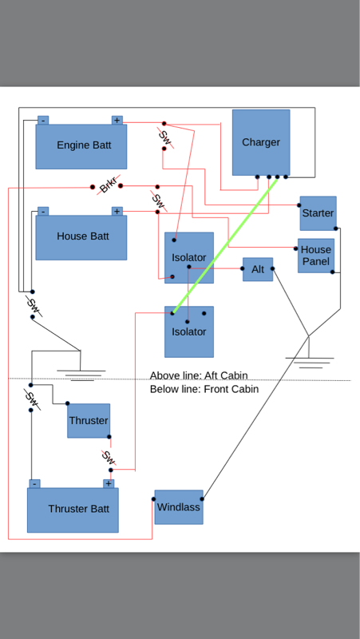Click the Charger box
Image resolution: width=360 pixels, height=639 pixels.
261,142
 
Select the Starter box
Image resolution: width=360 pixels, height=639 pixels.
318,213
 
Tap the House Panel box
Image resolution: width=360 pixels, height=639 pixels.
316,256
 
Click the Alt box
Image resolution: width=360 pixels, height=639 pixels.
258,269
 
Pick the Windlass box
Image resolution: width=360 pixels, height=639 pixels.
179,507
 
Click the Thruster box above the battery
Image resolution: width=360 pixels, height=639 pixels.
89,421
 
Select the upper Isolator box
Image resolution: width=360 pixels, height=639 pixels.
189,257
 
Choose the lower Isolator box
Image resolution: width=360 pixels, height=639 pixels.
189,331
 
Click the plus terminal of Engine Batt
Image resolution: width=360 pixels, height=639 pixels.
117,121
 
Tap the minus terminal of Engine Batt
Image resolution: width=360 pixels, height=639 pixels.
43,121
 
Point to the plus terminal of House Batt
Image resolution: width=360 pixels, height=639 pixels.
117,211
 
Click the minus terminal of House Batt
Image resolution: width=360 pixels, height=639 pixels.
43,211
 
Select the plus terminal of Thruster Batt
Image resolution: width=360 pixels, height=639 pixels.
109,484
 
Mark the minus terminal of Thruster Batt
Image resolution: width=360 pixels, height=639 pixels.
34,484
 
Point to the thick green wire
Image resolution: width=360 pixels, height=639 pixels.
225,245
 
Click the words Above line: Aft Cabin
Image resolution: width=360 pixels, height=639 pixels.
199,375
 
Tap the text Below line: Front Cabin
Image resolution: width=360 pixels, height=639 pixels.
204,389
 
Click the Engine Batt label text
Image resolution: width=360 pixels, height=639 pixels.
84,145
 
